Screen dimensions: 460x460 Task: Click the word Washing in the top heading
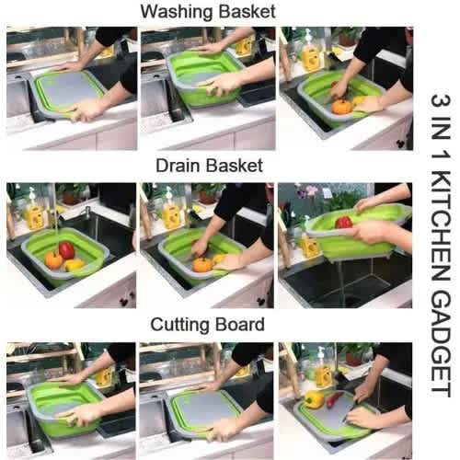click(x=178, y=12)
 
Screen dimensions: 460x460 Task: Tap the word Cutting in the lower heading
click(x=180, y=325)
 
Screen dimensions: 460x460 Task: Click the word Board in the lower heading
click(x=240, y=325)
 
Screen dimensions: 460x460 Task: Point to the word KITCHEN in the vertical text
click(x=441, y=227)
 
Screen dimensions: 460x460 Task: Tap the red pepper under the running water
click(x=66, y=249)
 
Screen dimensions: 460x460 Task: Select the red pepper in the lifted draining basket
click(x=343, y=222)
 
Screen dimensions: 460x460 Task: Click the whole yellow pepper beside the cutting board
click(x=314, y=399)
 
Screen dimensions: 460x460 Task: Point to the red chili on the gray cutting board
click(x=333, y=399)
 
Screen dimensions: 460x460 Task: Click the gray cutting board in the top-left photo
click(x=68, y=89)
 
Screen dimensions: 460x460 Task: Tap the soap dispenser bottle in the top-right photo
click(x=309, y=52)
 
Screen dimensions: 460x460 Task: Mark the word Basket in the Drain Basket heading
click(x=235, y=166)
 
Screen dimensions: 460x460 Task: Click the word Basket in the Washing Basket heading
click(x=247, y=12)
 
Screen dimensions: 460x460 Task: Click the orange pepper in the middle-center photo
click(x=202, y=265)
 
